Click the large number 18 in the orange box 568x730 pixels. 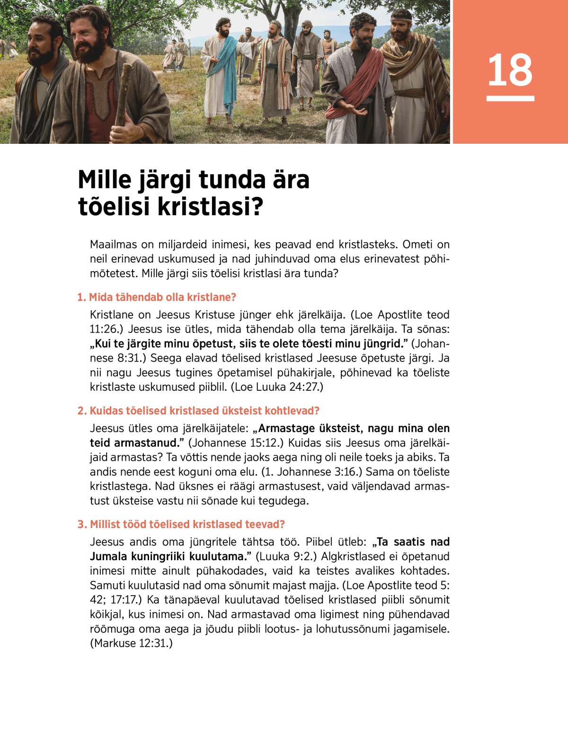tap(510, 70)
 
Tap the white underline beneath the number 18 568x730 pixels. tap(510, 98)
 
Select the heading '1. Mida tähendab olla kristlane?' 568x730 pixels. tap(157, 297)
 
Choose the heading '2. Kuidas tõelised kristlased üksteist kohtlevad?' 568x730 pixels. tap(198, 411)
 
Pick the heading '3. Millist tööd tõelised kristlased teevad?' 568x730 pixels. tap(181, 524)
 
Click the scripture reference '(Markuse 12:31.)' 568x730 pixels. tap(132, 643)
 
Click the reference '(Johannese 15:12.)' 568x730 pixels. tap(236, 443)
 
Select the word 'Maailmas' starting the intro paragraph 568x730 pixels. tap(114, 245)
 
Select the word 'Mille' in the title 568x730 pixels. tap(105, 180)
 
